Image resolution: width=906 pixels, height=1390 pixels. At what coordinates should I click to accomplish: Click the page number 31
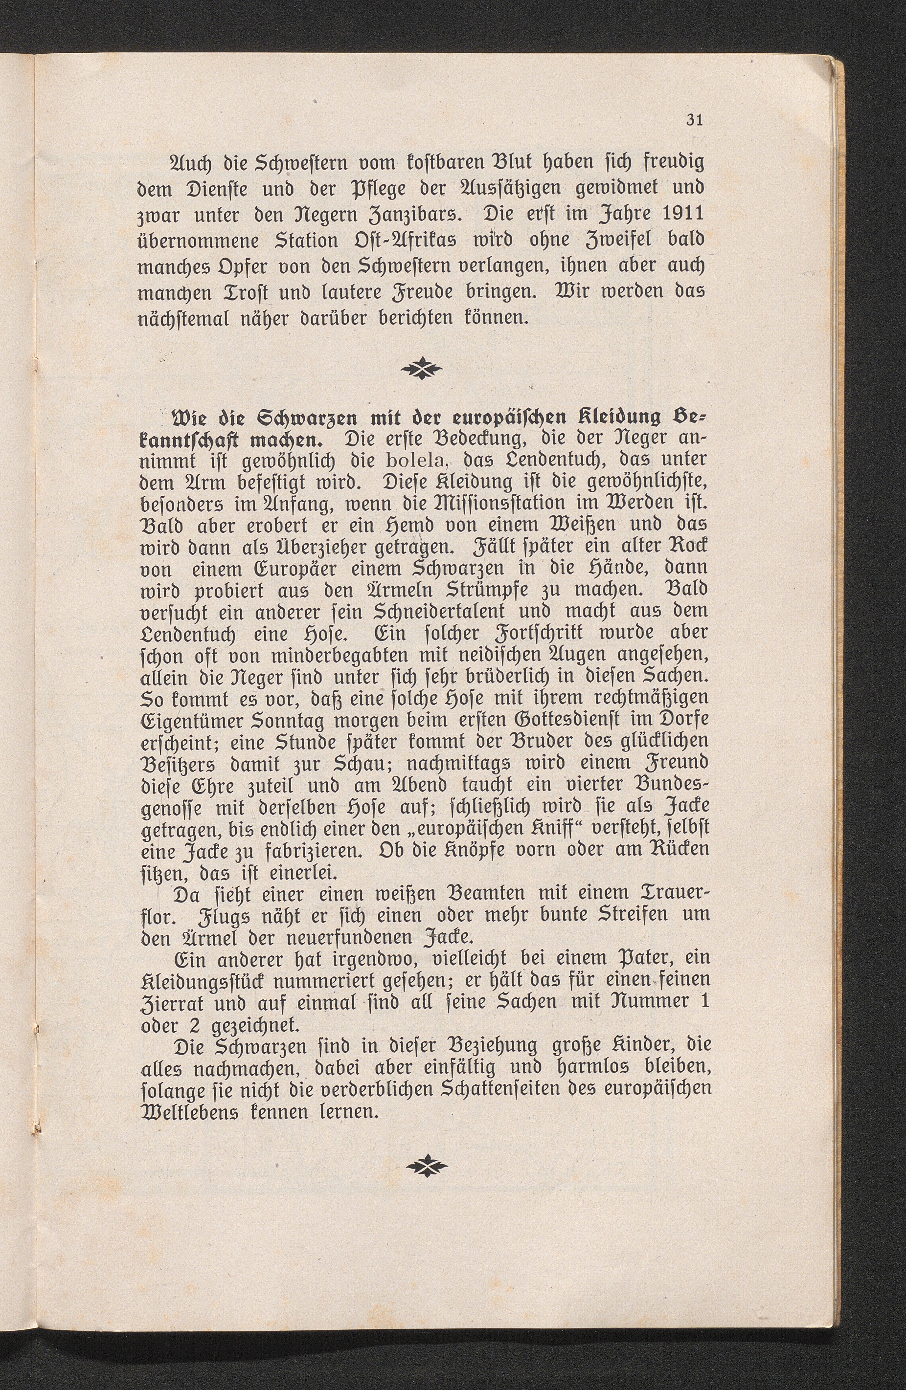(694, 120)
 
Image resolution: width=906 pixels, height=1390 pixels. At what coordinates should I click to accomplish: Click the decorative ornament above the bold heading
(423, 370)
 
